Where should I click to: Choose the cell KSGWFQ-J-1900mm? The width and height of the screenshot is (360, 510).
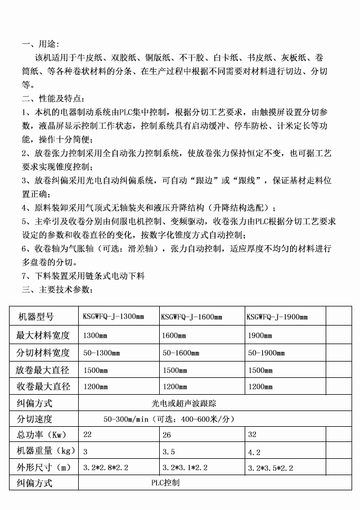pos(277,317)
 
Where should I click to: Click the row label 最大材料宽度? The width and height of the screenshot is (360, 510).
pos(44,335)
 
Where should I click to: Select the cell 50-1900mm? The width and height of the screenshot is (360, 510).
pos(267,353)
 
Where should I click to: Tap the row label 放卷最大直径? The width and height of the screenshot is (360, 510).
pos(44,371)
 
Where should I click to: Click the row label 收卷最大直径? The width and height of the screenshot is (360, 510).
pos(44,387)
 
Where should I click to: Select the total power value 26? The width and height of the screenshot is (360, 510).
pos(166,435)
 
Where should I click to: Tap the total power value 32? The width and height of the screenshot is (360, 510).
pos(252,435)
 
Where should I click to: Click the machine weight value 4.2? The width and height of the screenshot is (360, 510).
pos(254,452)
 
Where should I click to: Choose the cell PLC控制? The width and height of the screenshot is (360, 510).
pos(165,482)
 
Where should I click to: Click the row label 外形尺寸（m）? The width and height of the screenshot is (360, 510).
pos(44,467)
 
